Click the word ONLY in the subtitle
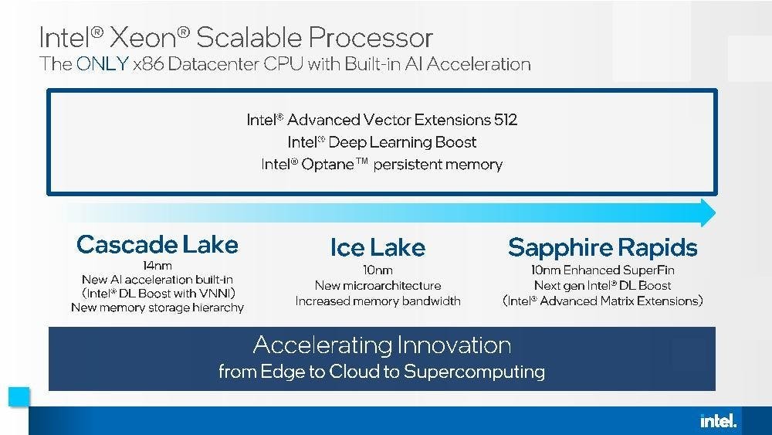103,64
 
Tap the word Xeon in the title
144,37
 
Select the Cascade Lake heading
157,244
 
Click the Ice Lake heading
378,247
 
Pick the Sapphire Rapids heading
603,247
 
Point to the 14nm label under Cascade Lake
157,266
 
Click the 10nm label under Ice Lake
378,270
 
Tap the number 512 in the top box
506,120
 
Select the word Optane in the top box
327,164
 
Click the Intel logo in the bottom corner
718,421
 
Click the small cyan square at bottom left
19,397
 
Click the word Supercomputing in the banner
474,372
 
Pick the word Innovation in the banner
454,345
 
